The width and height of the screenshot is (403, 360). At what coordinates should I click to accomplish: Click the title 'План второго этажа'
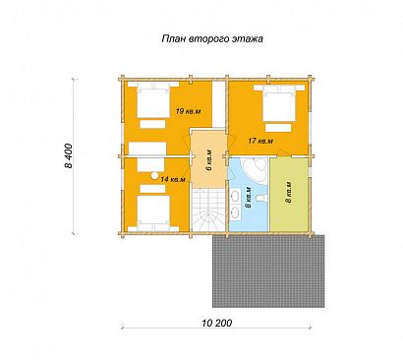tap(211, 39)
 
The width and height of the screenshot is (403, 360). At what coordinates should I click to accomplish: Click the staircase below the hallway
tap(207, 211)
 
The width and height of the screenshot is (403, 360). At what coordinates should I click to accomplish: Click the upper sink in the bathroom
tap(235, 196)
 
